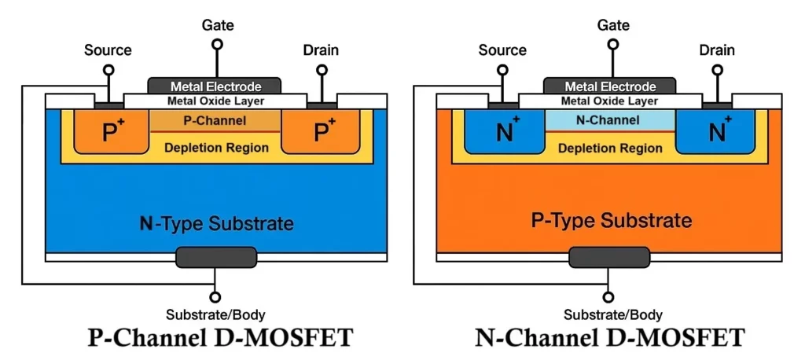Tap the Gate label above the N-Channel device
click(613, 25)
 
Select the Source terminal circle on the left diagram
click(108, 70)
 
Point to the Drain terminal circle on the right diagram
click(716, 70)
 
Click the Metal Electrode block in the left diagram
click(215, 86)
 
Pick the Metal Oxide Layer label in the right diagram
click(609, 101)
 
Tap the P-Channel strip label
click(215, 121)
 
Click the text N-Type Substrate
click(216, 223)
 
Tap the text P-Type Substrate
click(611, 220)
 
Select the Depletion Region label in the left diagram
click(216, 147)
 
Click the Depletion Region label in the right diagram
click(610, 147)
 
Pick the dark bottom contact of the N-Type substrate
click(215, 257)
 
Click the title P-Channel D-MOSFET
click(219, 338)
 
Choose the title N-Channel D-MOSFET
click(609, 338)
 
